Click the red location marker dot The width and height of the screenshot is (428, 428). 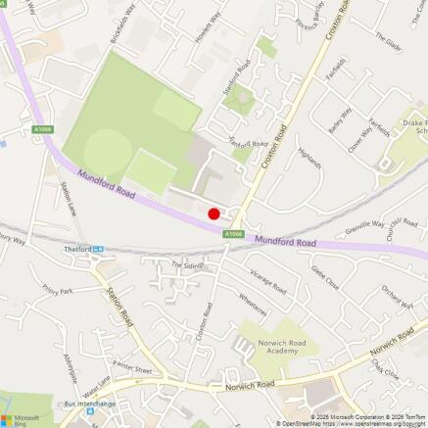[214, 213]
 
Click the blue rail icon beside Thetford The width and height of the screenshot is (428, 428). [99, 249]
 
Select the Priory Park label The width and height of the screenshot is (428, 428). [58, 290]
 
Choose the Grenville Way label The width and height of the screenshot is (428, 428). [364, 227]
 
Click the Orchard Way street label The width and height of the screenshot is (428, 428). [397, 297]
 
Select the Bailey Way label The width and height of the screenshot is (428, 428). [340, 122]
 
